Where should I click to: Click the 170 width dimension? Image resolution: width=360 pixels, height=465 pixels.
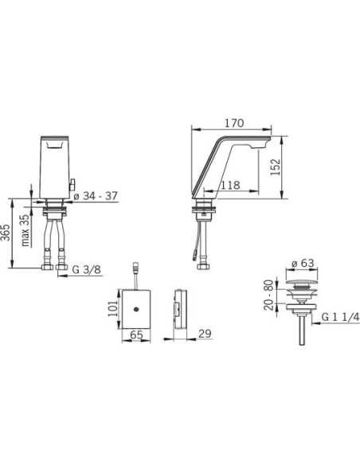click(x=234, y=123)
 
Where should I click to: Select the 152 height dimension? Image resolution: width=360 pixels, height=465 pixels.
click(x=276, y=167)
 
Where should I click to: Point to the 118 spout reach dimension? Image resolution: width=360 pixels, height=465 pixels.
click(x=230, y=185)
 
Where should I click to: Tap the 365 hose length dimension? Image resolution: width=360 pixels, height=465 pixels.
click(x=6, y=232)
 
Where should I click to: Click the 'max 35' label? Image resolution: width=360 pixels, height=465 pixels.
click(x=25, y=230)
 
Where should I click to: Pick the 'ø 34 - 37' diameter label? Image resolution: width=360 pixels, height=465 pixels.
click(x=96, y=196)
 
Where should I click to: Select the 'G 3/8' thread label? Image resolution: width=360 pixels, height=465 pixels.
click(x=87, y=270)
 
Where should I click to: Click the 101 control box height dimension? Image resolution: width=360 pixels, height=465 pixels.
click(x=113, y=308)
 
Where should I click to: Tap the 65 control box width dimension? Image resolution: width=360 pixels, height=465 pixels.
click(x=136, y=335)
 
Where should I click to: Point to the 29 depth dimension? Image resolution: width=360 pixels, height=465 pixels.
click(x=205, y=334)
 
